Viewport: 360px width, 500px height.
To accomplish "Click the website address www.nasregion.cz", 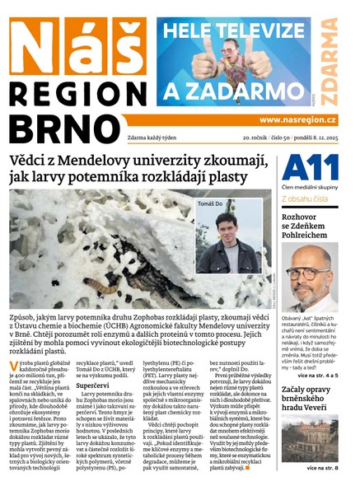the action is [x=302, y=119].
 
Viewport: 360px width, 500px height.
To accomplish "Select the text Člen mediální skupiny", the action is [x=315, y=184].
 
